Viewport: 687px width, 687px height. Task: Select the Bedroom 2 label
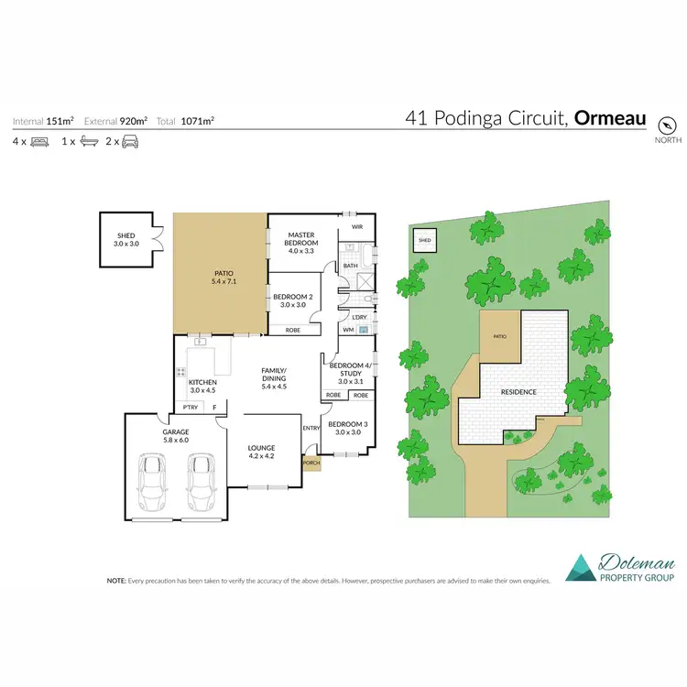293,300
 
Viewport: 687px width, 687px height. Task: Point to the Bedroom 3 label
348,429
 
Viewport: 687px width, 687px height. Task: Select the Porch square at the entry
311,463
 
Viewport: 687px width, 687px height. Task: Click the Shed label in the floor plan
124,240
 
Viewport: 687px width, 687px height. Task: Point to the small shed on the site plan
424,241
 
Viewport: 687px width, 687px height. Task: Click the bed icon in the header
39,141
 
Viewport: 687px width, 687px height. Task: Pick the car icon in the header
130,141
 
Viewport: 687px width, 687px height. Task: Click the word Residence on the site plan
518,392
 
